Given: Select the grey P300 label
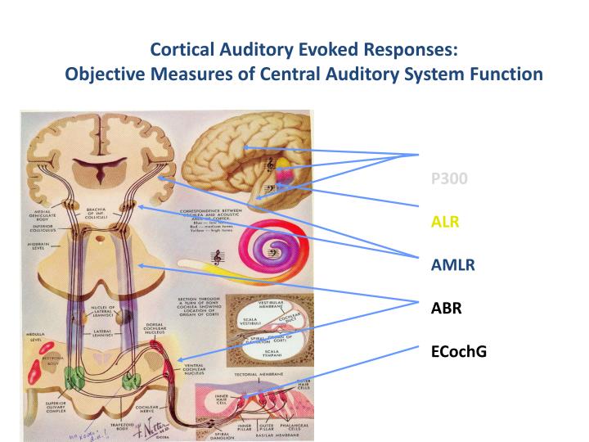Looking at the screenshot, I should [449, 178].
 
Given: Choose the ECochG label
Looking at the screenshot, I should [455, 352].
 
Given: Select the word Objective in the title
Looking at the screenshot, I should [100, 74].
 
